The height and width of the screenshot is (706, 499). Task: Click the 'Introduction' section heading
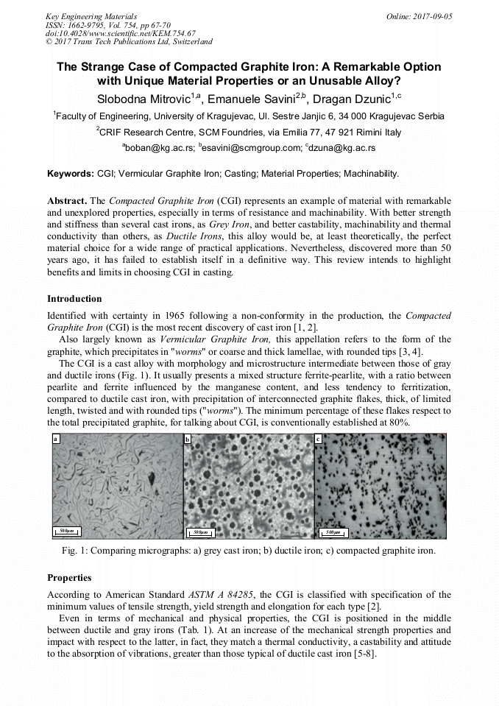(x=74, y=299)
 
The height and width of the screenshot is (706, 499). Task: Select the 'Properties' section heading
(x=69, y=577)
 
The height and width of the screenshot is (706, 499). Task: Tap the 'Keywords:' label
(x=71, y=174)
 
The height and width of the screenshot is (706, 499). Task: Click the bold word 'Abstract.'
(x=67, y=200)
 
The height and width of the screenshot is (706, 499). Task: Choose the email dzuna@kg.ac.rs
(x=341, y=148)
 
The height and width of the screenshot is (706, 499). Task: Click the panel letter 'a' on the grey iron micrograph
(x=55, y=440)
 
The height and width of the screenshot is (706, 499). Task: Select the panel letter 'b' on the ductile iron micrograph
(x=188, y=440)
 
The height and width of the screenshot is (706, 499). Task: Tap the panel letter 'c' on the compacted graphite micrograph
(x=318, y=440)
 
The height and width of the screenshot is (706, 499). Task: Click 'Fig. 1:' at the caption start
(x=77, y=551)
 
